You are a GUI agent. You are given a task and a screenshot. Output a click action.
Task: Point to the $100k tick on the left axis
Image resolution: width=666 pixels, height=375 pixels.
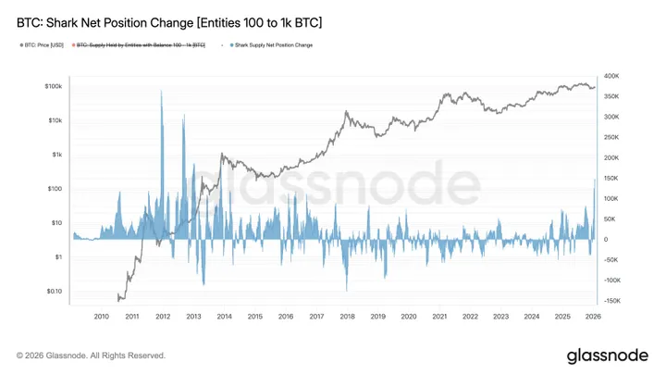[51, 86]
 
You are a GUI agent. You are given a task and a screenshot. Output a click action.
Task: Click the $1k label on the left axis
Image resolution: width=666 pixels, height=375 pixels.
[55, 155]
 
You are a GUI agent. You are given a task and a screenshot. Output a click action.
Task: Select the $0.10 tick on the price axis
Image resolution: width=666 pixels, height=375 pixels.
[52, 291]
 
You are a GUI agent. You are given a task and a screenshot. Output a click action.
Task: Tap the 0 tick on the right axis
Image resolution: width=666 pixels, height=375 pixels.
[605, 240]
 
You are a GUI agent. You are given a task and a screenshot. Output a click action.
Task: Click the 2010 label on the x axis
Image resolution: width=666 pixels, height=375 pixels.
[102, 317]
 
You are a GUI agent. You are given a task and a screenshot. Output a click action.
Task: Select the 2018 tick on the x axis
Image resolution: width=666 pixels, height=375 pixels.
[347, 317]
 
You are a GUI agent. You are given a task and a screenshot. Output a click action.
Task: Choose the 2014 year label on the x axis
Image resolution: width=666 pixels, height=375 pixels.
[224, 317]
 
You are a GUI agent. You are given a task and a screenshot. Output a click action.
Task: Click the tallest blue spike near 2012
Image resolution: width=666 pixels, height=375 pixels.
[162, 92]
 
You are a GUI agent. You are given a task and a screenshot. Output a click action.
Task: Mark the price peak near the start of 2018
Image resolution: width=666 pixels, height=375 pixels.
[346, 112]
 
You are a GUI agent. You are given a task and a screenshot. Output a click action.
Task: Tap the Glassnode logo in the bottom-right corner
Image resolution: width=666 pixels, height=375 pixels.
[608, 356]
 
